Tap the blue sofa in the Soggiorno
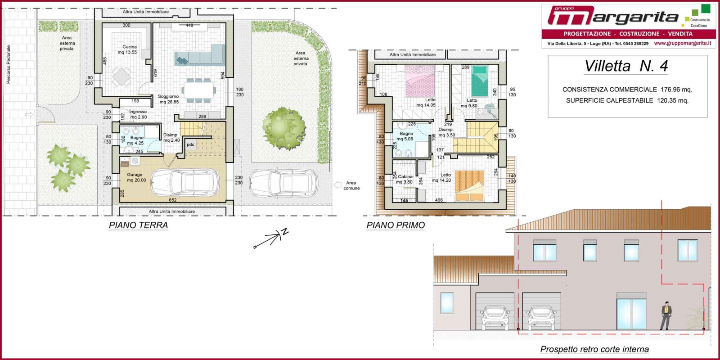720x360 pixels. tap(200, 56)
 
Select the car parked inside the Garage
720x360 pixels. tap(185, 183)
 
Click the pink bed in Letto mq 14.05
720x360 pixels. tap(420, 81)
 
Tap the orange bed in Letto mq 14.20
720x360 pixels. tap(469, 186)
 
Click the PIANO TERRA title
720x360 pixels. tap(138, 225)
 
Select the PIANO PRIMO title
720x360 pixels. tap(396, 225)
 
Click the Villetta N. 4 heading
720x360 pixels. tap(626, 66)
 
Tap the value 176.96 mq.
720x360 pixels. tap(676, 90)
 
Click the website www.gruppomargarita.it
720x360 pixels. tap(682, 43)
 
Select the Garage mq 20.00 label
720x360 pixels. tap(136, 177)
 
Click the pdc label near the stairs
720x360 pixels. tap(190, 145)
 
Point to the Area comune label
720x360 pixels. tap(351, 185)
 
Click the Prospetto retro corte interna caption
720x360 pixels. tap(594, 349)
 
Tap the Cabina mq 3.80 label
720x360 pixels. tap(405, 179)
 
